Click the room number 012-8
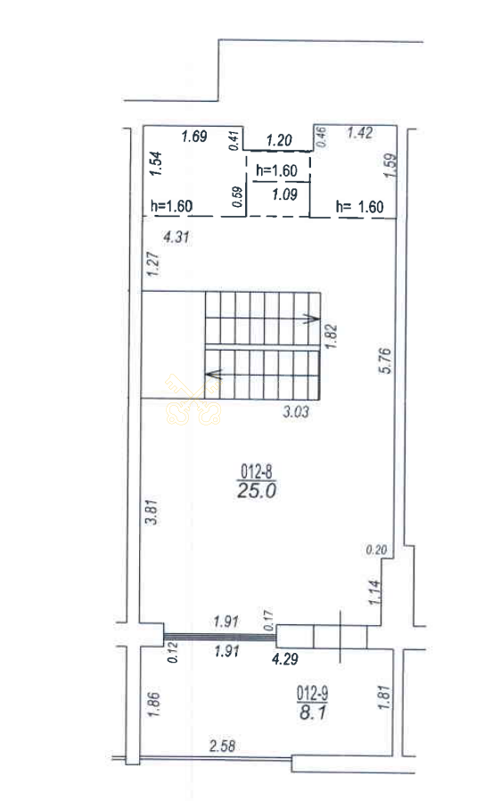click(x=256, y=471)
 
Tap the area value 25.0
click(x=257, y=491)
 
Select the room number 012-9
click(x=313, y=694)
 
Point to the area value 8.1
click(x=313, y=712)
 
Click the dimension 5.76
click(x=386, y=360)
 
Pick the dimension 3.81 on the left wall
click(x=152, y=512)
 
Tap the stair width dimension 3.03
click(x=296, y=411)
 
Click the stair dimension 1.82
click(x=332, y=336)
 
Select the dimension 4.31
click(x=176, y=236)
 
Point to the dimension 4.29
click(x=284, y=659)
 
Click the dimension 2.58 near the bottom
click(x=223, y=747)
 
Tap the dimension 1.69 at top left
click(x=194, y=136)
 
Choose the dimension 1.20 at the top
click(x=279, y=140)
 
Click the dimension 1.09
click(x=284, y=194)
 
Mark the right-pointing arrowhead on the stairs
click(x=313, y=318)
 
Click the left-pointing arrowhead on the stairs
click(x=213, y=375)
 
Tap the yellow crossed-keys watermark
click(x=193, y=400)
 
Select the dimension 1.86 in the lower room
click(x=154, y=705)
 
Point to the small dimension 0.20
click(x=376, y=550)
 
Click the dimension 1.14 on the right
click(x=374, y=592)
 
